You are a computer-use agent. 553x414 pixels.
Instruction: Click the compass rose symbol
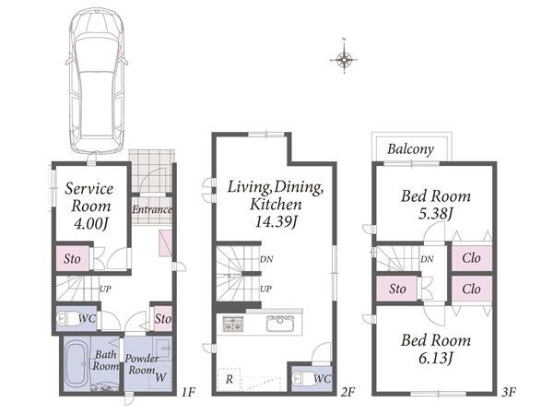344,59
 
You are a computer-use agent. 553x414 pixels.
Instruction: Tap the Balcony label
410,149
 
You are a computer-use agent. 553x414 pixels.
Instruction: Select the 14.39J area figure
276,222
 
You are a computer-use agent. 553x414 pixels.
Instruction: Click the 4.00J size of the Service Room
90,223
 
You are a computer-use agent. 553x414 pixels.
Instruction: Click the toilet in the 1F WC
70,319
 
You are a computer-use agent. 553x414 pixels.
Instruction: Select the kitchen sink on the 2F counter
280,324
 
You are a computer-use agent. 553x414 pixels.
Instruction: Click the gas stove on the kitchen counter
233,324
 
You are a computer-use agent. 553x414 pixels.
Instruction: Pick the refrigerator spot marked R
229,379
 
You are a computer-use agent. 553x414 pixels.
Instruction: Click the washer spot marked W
160,377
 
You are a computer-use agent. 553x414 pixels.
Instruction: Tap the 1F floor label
188,392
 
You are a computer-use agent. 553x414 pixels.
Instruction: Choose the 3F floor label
509,392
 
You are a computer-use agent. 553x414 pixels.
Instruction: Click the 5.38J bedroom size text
435,214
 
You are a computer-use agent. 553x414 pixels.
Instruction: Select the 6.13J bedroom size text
435,359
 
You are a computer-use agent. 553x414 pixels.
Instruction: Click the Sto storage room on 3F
397,289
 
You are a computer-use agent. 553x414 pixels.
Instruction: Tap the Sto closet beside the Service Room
72,258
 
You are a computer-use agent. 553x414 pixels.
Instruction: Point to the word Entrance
152,209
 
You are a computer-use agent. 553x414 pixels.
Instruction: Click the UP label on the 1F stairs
105,289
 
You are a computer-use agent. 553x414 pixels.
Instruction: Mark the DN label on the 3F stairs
427,259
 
